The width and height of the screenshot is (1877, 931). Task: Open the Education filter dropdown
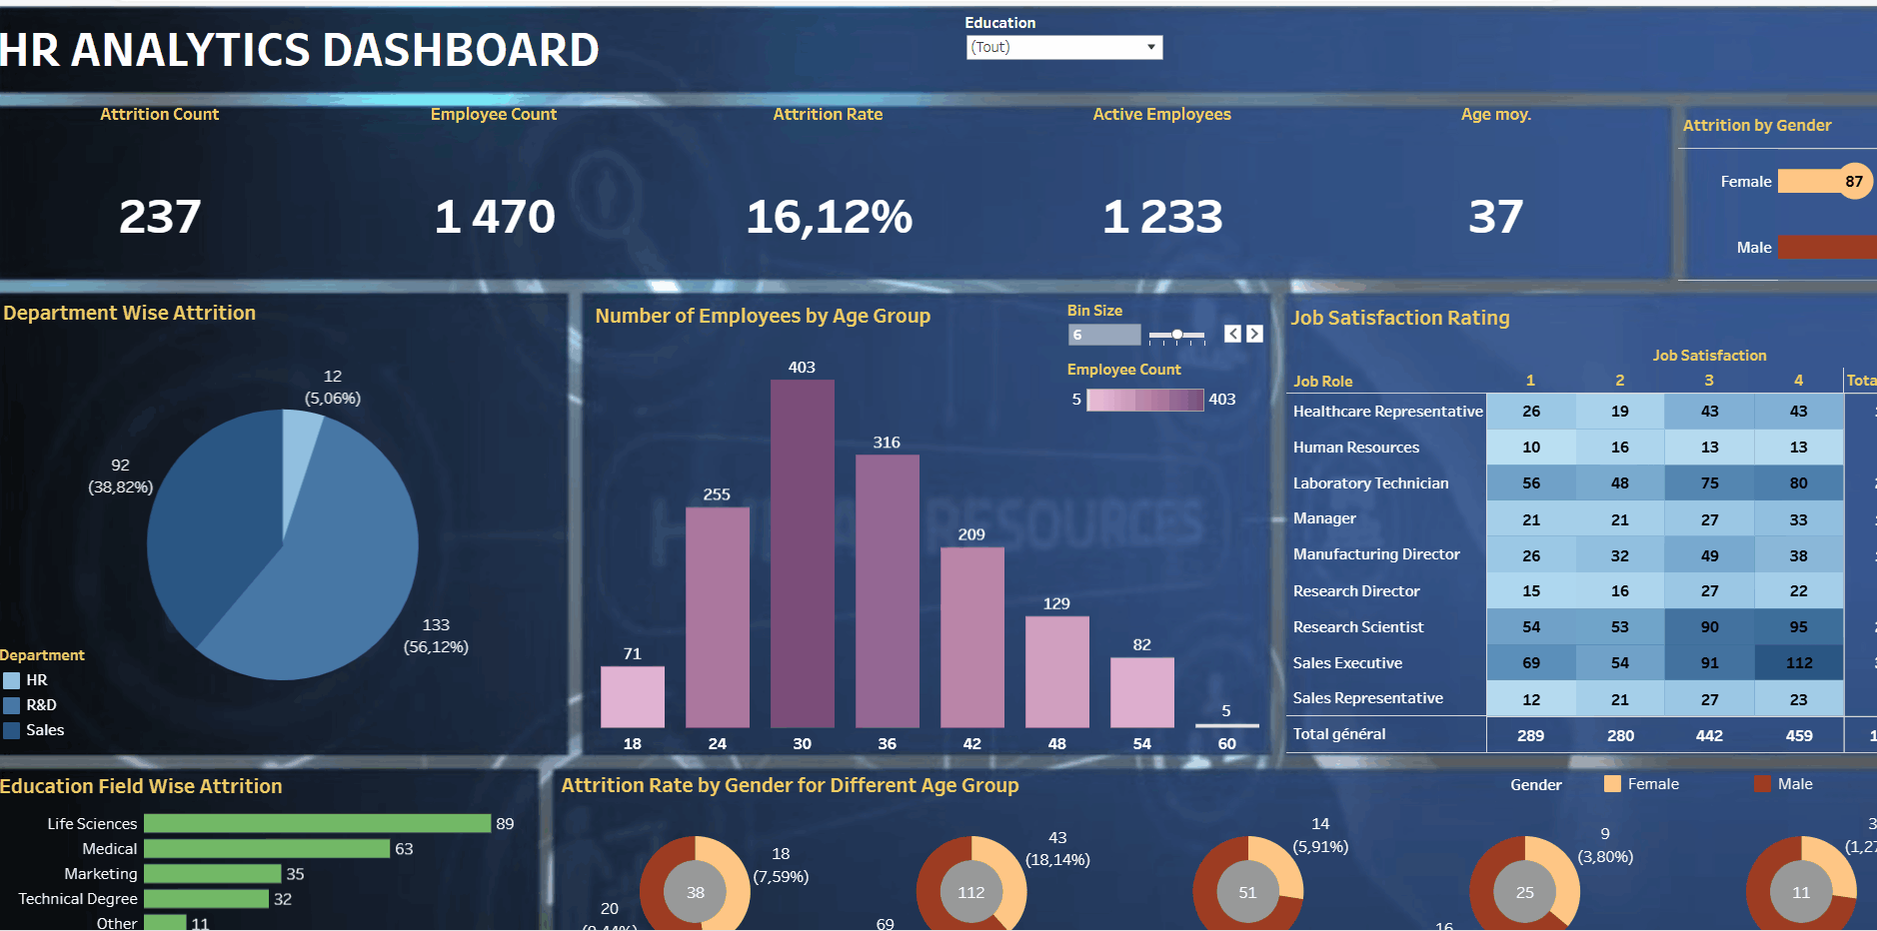click(x=1063, y=47)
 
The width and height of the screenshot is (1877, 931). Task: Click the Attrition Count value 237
click(x=160, y=217)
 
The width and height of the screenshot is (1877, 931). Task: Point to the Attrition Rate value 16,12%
click(x=829, y=217)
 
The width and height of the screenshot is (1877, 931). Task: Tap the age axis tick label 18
click(x=632, y=744)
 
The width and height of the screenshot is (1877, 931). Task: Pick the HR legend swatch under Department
click(x=12, y=680)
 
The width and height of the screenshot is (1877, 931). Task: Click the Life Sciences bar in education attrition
click(x=317, y=823)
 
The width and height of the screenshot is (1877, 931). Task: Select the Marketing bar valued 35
click(x=212, y=873)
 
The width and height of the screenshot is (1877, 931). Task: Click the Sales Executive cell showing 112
click(x=1798, y=662)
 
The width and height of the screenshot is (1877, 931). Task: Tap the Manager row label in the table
click(x=1324, y=518)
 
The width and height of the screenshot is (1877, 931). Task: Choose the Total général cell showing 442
click(x=1709, y=735)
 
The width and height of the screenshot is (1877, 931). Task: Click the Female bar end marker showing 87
click(x=1854, y=181)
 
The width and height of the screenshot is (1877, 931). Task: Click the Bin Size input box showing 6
click(x=1103, y=335)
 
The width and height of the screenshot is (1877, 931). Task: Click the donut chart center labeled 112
click(x=970, y=892)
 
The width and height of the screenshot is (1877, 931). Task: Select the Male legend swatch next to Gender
click(x=1762, y=784)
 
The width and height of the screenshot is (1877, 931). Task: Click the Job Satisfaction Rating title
click(x=1399, y=318)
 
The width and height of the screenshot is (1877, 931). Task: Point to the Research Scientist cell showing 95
click(x=1798, y=627)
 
